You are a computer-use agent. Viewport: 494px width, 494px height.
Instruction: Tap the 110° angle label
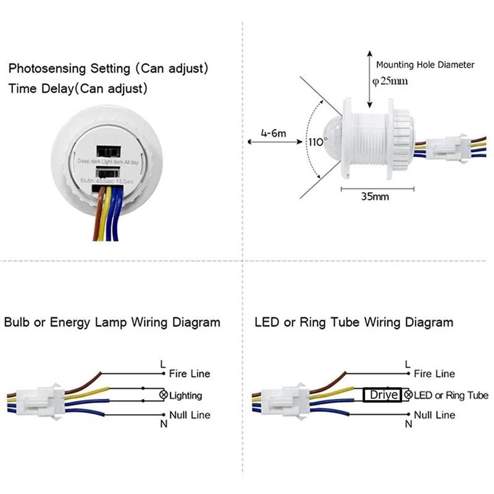pos(316,141)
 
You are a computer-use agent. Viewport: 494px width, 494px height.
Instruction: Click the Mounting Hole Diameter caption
pos(425,64)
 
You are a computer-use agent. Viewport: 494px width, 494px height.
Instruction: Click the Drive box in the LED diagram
pos(382,395)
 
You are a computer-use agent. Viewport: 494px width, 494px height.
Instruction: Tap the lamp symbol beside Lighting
pos(164,395)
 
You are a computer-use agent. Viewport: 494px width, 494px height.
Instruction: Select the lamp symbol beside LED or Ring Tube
pos(408,395)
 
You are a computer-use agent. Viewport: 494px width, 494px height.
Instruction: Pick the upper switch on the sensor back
pos(109,152)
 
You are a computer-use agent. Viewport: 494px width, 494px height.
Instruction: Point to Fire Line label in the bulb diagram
pos(190,374)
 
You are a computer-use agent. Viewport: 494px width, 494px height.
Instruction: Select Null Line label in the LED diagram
pos(435,414)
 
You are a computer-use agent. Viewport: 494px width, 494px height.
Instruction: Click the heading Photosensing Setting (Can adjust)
pos(108,68)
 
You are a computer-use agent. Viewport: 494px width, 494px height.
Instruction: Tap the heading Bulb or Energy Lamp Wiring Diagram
pos(112,322)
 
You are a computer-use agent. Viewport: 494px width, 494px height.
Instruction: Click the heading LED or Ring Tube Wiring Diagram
pos(354,322)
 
